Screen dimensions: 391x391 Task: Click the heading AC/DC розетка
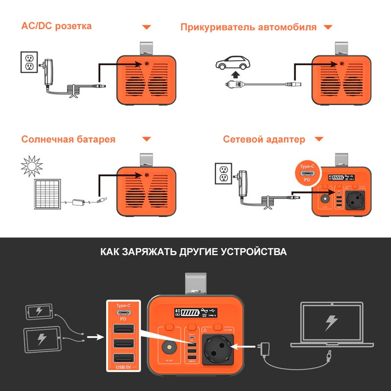point(56,26)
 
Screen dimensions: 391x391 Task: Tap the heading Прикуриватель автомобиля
point(248,27)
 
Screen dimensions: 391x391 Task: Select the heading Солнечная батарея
point(68,139)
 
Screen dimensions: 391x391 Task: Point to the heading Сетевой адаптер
point(264,139)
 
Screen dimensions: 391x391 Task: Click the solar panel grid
point(47,193)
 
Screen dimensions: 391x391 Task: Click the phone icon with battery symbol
point(39,311)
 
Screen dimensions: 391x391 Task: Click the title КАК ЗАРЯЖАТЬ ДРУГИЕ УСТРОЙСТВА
point(194,252)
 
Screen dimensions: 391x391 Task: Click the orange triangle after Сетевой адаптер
point(319,139)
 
